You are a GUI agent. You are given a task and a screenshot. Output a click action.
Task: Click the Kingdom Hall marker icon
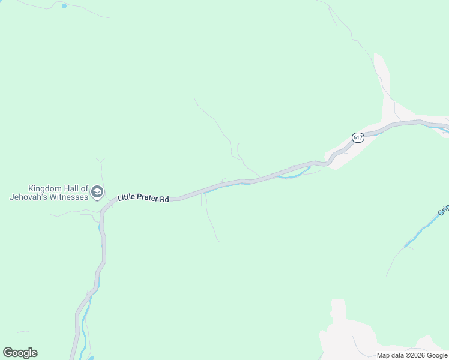(x=97, y=192)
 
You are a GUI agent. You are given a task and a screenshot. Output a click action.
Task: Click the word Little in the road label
(x=127, y=197)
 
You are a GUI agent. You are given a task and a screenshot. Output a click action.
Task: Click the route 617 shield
(x=358, y=137)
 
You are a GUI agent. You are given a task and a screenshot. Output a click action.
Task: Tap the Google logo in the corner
(x=20, y=353)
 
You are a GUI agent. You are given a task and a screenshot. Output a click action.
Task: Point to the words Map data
(x=390, y=355)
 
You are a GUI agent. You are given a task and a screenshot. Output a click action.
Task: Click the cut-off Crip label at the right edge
(x=443, y=210)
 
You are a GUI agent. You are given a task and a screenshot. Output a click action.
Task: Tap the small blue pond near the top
(x=64, y=6)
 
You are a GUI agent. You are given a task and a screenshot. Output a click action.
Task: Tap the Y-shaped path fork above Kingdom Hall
(x=100, y=162)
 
